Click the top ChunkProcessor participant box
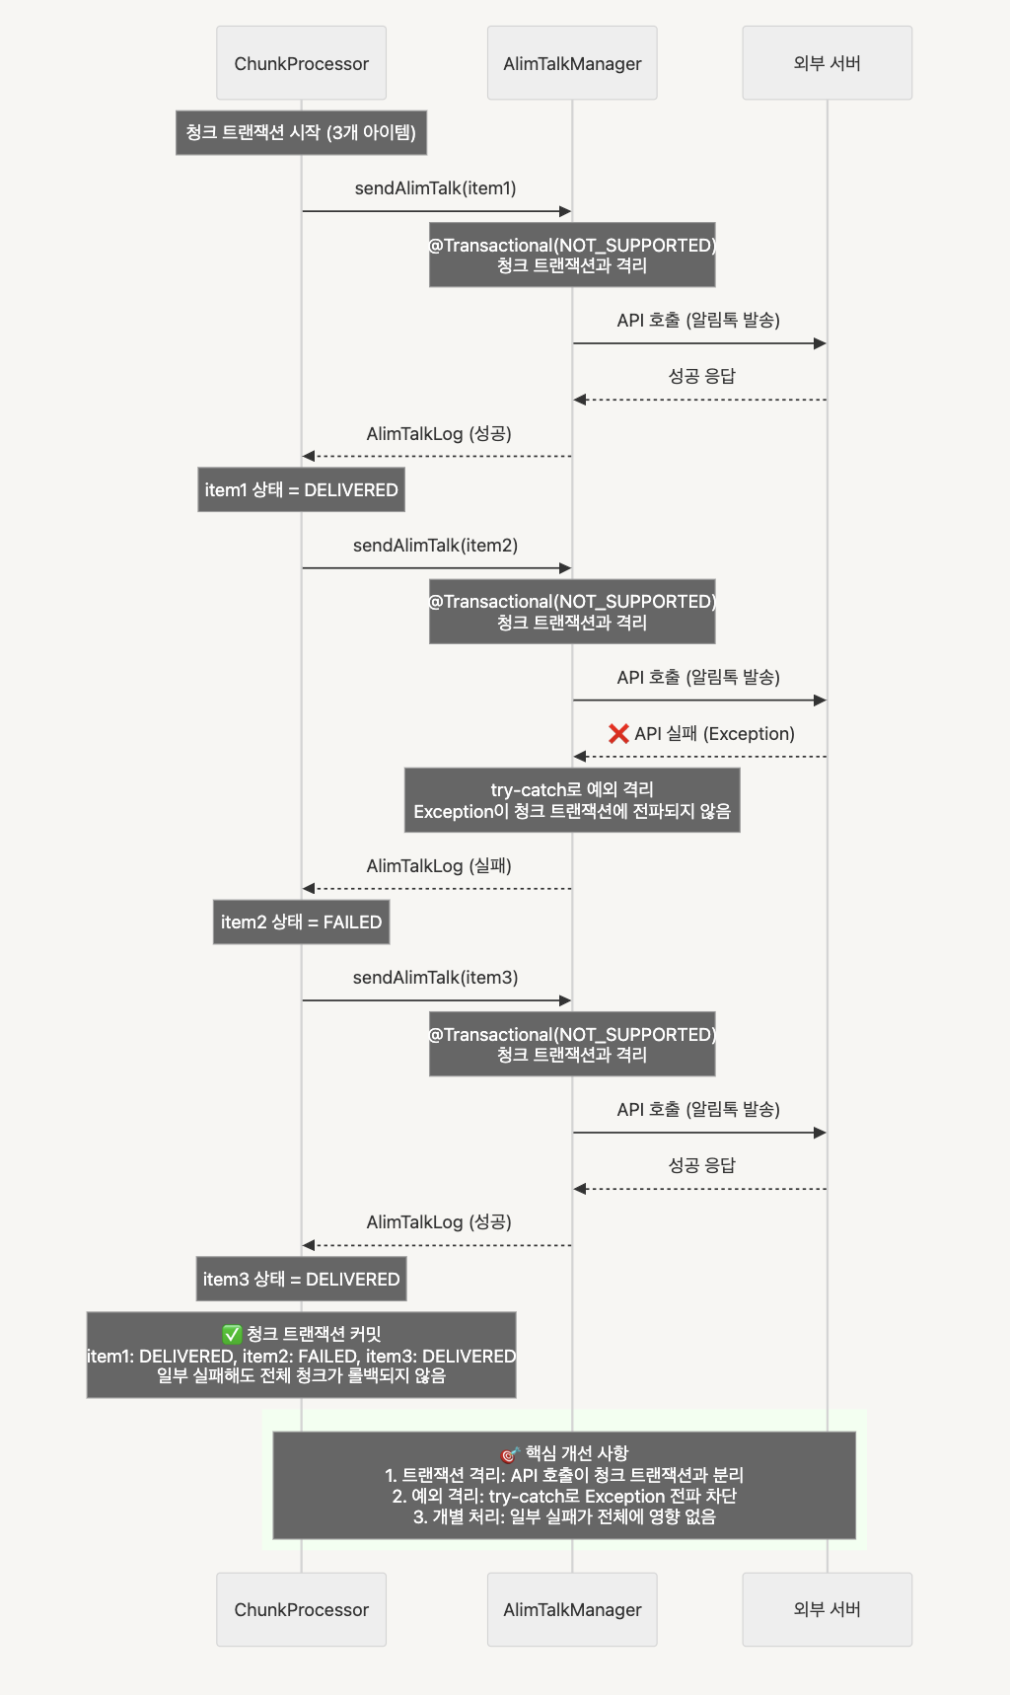tap(301, 63)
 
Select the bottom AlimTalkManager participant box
tap(572, 1609)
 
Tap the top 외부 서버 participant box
tap(827, 63)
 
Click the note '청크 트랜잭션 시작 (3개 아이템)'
tap(301, 132)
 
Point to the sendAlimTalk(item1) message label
tap(436, 188)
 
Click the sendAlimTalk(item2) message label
tap(436, 546)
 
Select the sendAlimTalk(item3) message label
tap(436, 978)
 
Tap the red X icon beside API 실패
tap(618, 733)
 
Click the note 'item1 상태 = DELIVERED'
tap(301, 489)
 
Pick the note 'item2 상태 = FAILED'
tap(301, 922)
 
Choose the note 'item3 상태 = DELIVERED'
tap(301, 1279)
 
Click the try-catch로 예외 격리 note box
tap(572, 800)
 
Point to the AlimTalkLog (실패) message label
tap(439, 866)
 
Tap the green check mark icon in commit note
tap(232, 1335)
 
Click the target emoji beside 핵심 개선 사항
tap(510, 1454)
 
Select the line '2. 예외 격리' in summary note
tap(564, 1496)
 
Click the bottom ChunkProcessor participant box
tap(301, 1609)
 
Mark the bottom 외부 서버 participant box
tap(827, 1609)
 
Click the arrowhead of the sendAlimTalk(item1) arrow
tap(565, 211)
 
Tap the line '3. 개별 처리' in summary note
tap(564, 1516)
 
